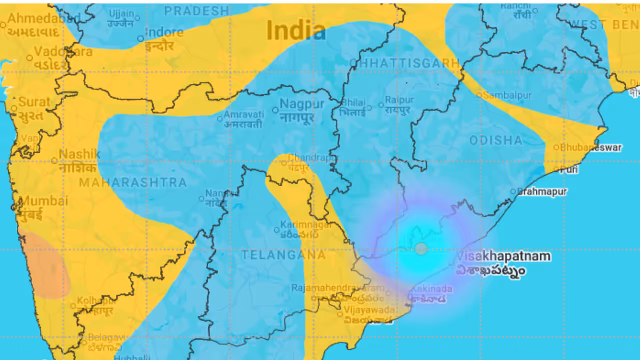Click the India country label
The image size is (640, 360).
click(296, 30)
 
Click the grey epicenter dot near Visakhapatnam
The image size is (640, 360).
click(421, 248)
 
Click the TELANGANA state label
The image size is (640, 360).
click(283, 255)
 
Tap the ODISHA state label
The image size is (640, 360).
click(496, 140)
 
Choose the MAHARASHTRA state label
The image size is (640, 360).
click(133, 182)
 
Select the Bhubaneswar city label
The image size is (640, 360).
click(590, 147)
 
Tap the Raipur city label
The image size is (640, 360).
click(399, 100)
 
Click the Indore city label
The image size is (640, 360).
click(164, 33)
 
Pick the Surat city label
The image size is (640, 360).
click(34, 102)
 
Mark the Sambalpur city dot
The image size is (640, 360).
click(479, 94)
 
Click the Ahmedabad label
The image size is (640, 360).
click(44, 19)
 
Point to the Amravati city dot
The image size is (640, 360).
click(219, 118)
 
